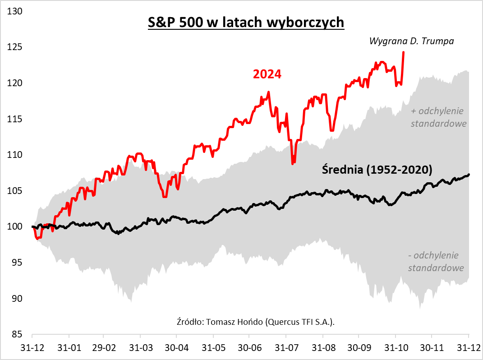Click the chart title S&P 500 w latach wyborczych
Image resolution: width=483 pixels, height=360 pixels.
point(246,23)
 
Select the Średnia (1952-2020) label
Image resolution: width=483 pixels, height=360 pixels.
point(377,170)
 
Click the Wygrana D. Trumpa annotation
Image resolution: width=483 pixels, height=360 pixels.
point(411,41)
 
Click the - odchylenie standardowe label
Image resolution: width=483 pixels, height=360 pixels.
point(436,262)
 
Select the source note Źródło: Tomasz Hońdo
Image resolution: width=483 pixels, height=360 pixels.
point(256,322)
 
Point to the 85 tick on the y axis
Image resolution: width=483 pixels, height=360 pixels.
point(18,335)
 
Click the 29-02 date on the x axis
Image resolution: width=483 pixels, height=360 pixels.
point(104,349)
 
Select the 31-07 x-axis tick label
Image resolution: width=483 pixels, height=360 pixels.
point(285,349)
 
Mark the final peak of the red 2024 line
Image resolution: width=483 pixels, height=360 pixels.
point(403,52)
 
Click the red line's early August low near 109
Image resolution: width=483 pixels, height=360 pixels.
point(293,163)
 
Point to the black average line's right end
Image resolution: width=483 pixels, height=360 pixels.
point(469,175)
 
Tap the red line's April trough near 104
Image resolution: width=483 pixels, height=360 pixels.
point(165,197)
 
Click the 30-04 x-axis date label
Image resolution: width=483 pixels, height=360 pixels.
point(176,349)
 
